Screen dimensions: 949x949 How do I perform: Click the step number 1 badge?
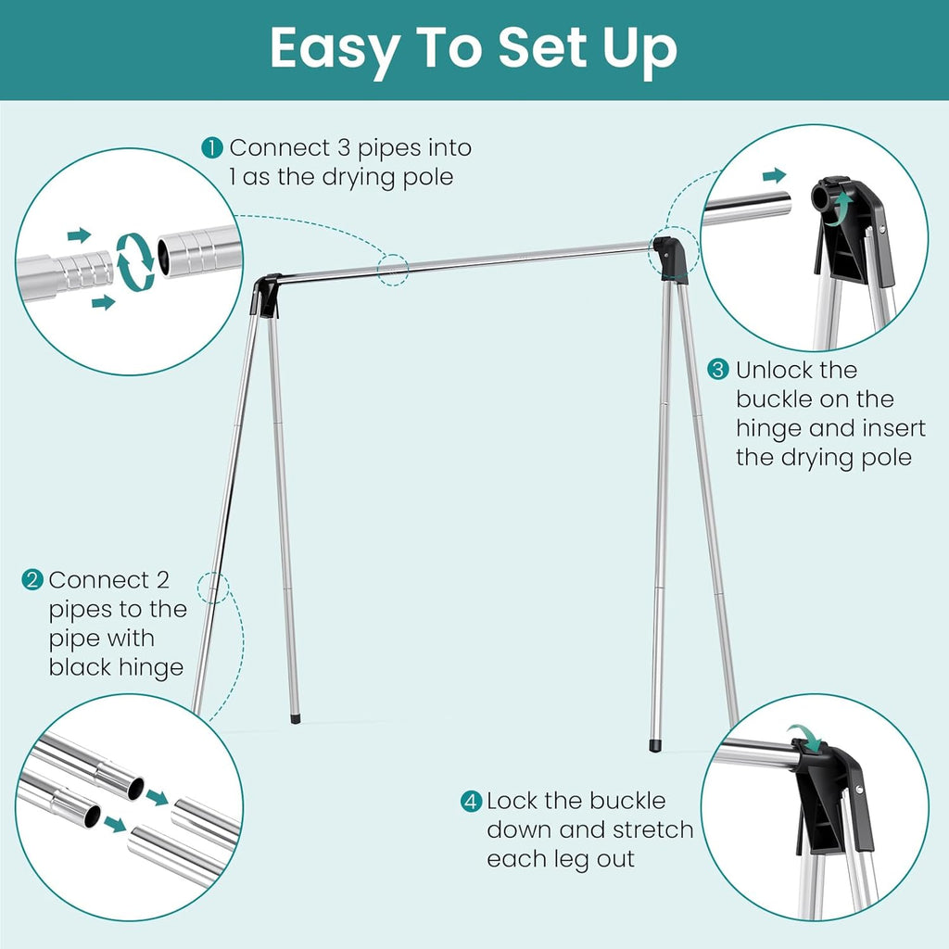(x=213, y=147)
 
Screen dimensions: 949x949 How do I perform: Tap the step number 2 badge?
(x=32, y=580)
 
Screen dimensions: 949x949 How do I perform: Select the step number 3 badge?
(x=719, y=370)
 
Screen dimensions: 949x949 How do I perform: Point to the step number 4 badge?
(x=472, y=801)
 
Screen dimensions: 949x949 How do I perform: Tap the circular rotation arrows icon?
(x=134, y=262)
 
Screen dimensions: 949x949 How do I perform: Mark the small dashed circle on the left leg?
(x=213, y=587)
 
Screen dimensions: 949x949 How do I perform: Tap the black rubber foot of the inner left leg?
(x=296, y=716)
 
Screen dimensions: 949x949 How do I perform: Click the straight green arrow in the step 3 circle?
(x=774, y=175)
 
